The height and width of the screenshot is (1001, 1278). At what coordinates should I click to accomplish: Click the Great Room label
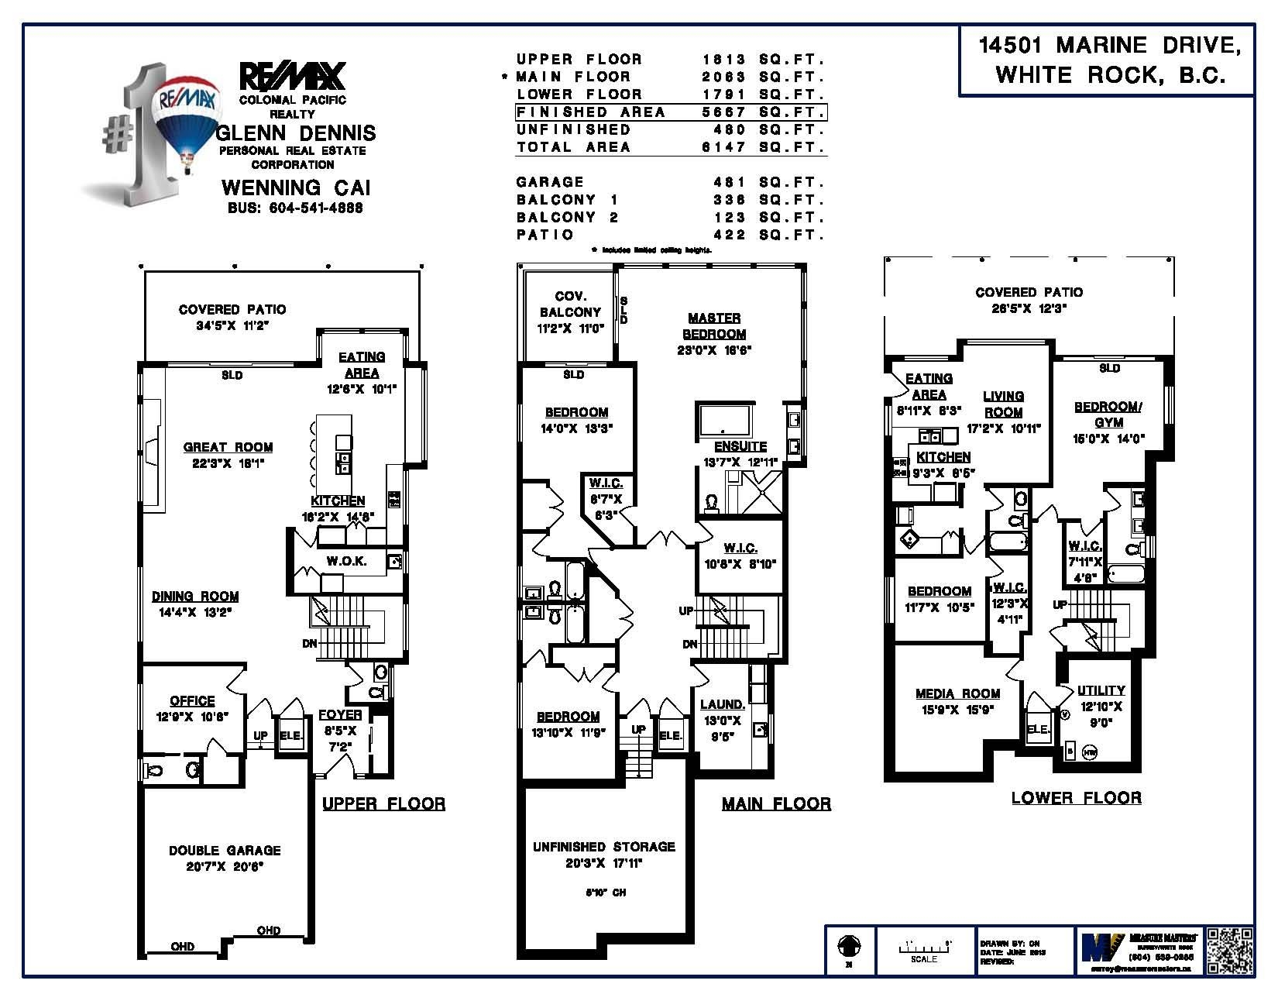[x=228, y=447]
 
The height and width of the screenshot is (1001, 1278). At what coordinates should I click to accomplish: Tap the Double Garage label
[x=225, y=851]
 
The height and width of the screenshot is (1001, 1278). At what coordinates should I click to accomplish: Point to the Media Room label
[x=957, y=693]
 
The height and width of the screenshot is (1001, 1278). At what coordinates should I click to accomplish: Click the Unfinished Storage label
[x=603, y=847]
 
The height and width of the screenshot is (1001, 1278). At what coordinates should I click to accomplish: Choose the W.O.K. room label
[x=345, y=561]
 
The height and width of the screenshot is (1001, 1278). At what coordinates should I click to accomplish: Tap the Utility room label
[x=1101, y=690]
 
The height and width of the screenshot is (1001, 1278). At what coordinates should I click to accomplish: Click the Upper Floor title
[x=383, y=803]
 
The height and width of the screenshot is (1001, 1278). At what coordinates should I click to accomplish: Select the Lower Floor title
[x=1076, y=798]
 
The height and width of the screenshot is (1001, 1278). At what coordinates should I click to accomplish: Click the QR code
[x=1229, y=950]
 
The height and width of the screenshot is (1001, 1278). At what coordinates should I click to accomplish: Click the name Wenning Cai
[x=296, y=187]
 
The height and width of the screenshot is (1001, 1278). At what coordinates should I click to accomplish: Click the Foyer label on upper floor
[x=340, y=715]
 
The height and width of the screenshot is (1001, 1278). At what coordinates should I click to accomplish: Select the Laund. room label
[x=722, y=704]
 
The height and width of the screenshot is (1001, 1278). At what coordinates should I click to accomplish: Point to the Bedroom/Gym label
[x=1108, y=415]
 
